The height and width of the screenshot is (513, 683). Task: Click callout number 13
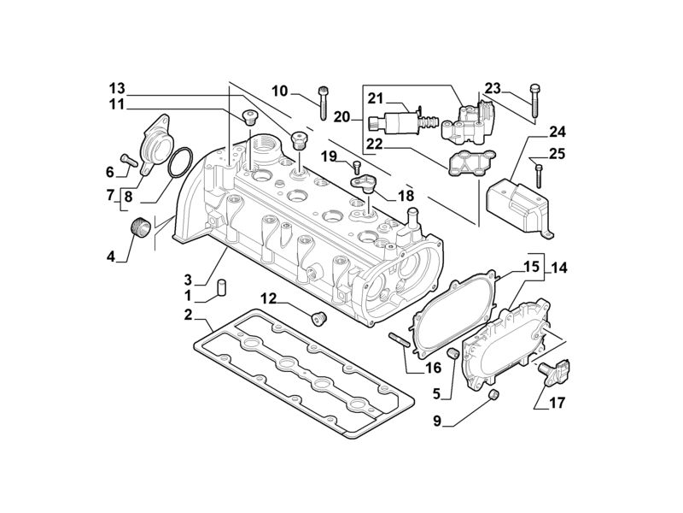(117, 88)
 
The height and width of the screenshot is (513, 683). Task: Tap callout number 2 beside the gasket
(188, 315)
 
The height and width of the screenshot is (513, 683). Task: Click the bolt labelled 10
(324, 103)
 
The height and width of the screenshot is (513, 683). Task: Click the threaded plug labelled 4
(140, 228)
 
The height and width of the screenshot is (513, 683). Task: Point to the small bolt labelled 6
(129, 158)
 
